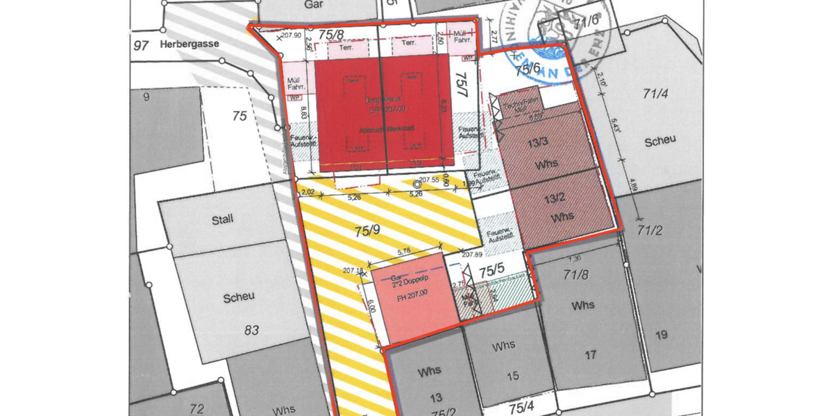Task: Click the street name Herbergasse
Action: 189,44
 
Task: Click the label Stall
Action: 222,220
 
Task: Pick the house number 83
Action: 252,330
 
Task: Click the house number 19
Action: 661,336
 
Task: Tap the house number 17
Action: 590,356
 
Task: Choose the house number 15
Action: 512,376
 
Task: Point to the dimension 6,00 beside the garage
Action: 371,306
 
